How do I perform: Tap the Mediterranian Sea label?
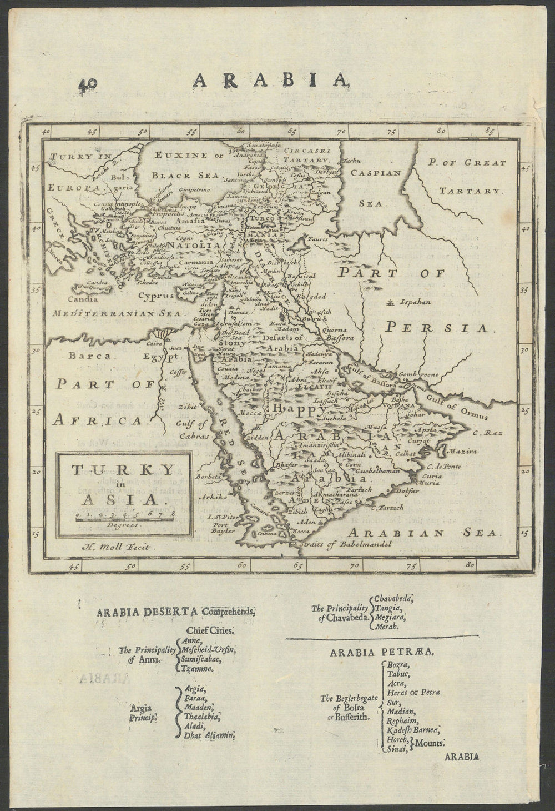[103, 313]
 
